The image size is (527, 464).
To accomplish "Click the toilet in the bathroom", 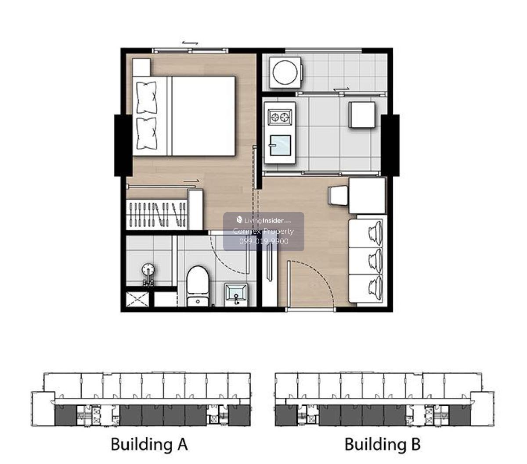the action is pyautogui.click(x=198, y=286).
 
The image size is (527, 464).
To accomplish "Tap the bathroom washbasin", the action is pyautogui.click(x=236, y=294).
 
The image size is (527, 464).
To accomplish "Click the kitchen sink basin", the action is pyautogui.click(x=280, y=145).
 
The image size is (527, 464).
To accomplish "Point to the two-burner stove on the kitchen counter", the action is pyautogui.click(x=280, y=117).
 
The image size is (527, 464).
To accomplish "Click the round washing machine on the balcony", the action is pyautogui.click(x=285, y=72).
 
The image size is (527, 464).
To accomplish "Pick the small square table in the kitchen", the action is pyautogui.click(x=362, y=114).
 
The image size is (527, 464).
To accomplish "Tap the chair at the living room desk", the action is pyautogui.click(x=338, y=195).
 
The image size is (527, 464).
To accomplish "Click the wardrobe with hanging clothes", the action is pyautogui.click(x=157, y=214).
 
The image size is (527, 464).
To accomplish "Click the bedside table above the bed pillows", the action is pyautogui.click(x=141, y=67).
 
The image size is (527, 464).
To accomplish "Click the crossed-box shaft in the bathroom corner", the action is pyautogui.click(x=137, y=299).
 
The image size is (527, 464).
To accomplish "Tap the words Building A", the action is pyautogui.click(x=149, y=444).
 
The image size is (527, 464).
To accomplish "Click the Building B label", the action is pyautogui.click(x=382, y=444).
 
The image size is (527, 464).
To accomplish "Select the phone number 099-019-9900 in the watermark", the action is pyautogui.click(x=263, y=241).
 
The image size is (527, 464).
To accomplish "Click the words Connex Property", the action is pyautogui.click(x=263, y=231).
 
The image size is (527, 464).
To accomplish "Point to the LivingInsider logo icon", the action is pyautogui.click(x=239, y=220).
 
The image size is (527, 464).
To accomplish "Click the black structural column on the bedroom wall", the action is pyautogui.click(x=123, y=146).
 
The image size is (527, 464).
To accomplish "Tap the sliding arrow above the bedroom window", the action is pyautogui.click(x=190, y=43).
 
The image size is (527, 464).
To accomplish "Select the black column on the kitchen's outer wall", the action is pyautogui.click(x=390, y=146).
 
